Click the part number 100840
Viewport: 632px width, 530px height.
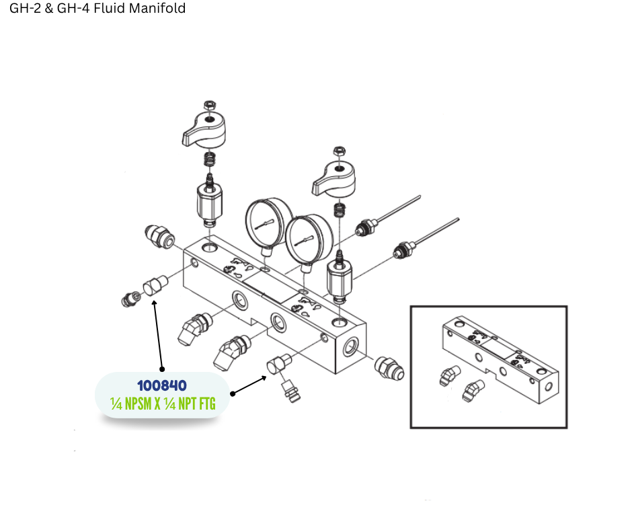(x=162, y=385)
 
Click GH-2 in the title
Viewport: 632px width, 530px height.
(x=25, y=8)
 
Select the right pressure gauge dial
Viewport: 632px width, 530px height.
(x=309, y=240)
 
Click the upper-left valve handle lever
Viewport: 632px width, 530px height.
(x=204, y=130)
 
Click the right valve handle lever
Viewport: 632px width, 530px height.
(x=333, y=180)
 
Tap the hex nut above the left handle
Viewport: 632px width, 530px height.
(x=209, y=106)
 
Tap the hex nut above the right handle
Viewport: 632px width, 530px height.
(x=340, y=151)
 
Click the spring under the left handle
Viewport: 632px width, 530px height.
(x=209, y=159)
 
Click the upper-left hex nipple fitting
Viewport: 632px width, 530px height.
(x=159, y=237)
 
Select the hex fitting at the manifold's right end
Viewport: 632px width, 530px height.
(x=389, y=369)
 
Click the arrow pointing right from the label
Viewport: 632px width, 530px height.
(x=249, y=385)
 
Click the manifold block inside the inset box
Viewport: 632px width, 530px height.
(x=500, y=359)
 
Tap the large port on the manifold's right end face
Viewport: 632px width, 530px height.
(x=351, y=347)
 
